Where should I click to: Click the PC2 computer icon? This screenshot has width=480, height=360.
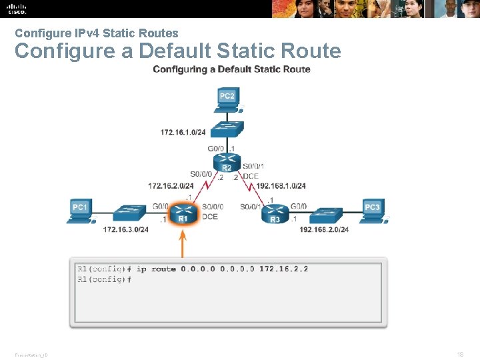click(228, 99)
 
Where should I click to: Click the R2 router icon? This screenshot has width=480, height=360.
click(227, 162)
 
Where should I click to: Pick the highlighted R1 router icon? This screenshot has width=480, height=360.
click(183, 214)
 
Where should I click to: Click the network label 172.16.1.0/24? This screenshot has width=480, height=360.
click(183, 132)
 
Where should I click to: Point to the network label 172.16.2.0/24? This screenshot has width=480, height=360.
click(171, 186)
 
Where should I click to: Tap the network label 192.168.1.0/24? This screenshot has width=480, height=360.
click(281, 186)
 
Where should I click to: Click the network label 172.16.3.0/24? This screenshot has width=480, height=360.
click(125, 229)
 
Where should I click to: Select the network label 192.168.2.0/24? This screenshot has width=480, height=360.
click(324, 229)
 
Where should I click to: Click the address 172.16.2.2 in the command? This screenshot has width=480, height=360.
click(283, 269)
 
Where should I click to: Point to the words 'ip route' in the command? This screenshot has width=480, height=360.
click(156, 269)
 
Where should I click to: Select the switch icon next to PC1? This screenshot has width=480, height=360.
click(127, 214)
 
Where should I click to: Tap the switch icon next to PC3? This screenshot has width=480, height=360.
click(327, 215)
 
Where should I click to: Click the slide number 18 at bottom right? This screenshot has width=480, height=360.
click(461, 355)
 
